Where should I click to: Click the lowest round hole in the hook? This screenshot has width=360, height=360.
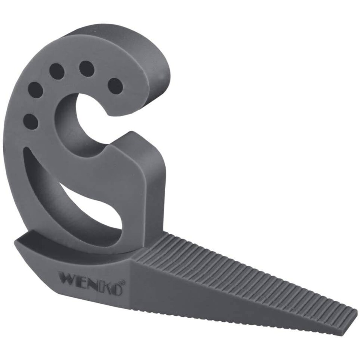point(30,121)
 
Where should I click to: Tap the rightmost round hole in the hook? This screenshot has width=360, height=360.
point(115,86)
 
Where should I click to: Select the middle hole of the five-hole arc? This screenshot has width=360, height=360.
point(57,71)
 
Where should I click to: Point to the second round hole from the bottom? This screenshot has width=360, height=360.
point(36,90)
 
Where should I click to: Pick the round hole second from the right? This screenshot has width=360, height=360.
point(87,69)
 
